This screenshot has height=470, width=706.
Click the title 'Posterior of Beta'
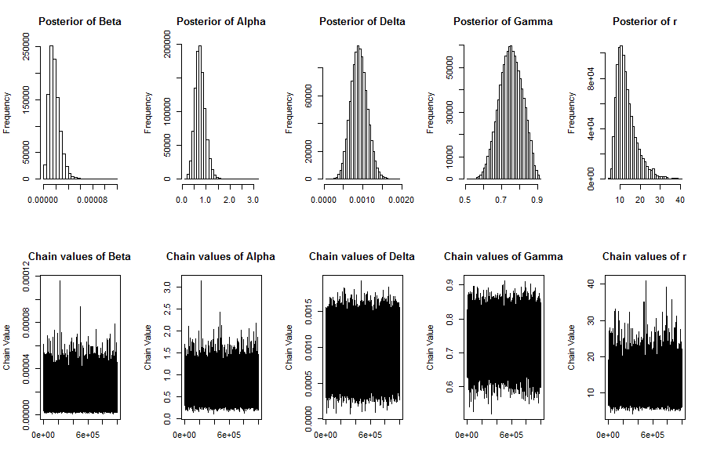coord(80,21)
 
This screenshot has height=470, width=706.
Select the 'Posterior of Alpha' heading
coord(221,21)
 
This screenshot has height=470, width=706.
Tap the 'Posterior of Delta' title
coord(362,21)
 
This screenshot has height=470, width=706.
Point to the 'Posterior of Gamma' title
coord(503,21)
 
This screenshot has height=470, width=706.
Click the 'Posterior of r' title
coord(645,21)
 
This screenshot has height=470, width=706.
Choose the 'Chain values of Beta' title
coord(80,256)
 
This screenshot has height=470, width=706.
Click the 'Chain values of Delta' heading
coord(362,256)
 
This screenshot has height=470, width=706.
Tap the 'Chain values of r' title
coord(645,256)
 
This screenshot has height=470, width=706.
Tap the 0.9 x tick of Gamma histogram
coord(537,199)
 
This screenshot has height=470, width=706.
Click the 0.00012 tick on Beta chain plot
coord(27,277)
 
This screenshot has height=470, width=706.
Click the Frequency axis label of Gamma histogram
coord(431,111)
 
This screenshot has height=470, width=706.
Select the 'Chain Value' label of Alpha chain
coord(148,348)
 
